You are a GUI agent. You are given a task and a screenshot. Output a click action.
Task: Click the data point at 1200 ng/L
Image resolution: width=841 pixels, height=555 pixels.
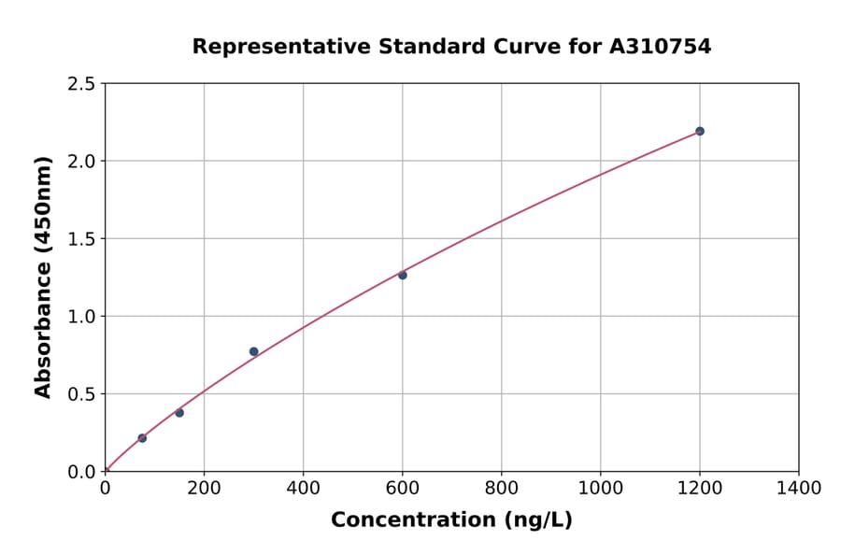coord(700,131)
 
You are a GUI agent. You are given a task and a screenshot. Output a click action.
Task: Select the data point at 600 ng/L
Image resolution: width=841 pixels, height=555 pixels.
coord(403,275)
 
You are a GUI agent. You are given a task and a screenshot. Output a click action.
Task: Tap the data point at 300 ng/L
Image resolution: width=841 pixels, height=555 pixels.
coord(254,351)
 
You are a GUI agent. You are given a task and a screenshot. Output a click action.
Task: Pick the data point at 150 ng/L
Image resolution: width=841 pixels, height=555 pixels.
coord(179,412)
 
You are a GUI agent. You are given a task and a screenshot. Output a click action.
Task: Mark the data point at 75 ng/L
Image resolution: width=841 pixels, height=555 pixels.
coord(142,438)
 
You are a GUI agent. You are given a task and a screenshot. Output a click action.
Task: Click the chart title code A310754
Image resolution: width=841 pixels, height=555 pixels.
coord(661,46)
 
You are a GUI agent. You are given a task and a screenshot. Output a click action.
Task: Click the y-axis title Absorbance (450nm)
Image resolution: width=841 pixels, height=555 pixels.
coord(43,277)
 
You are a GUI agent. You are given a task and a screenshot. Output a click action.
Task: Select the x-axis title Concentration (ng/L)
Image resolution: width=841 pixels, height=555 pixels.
coord(451,519)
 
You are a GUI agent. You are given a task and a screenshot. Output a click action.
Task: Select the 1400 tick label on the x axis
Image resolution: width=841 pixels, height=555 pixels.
coord(799,488)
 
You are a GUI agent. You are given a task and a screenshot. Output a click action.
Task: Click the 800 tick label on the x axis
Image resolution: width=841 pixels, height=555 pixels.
coord(501,488)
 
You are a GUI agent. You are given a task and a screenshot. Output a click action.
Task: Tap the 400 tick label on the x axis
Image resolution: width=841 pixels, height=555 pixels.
coord(303,488)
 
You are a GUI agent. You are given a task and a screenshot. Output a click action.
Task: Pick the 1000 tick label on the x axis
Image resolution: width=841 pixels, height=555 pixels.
coord(600,488)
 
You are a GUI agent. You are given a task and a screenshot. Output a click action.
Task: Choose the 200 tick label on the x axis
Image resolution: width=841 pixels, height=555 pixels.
coord(204,488)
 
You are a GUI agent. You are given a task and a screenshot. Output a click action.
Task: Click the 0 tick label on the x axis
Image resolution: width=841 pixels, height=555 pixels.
coord(105,488)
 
